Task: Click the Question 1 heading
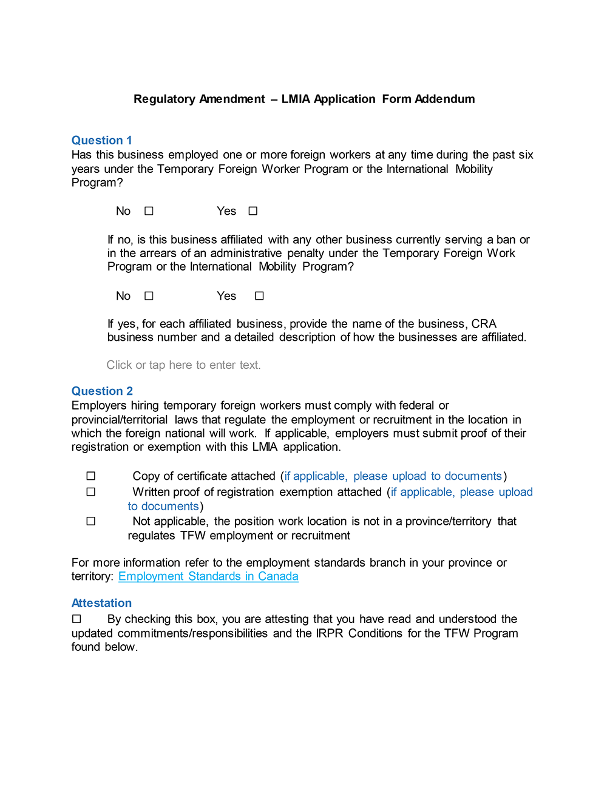pyautogui.click(x=101, y=140)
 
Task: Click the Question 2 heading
pyautogui.click(x=102, y=391)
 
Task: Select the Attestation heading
pyautogui.click(x=101, y=603)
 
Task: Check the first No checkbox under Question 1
pyautogui.click(x=149, y=211)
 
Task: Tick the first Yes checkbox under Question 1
pyautogui.click(x=253, y=211)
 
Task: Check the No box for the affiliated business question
pyautogui.click(x=149, y=296)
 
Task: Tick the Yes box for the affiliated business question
pyautogui.click(x=259, y=296)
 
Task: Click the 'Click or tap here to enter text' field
pyautogui.click(x=183, y=365)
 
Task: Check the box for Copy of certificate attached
pyautogui.click(x=91, y=476)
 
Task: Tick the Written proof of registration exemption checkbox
pyautogui.click(x=91, y=492)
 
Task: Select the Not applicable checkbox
pyautogui.click(x=91, y=521)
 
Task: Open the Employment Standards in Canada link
pyautogui.click(x=208, y=576)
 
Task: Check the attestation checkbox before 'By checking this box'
pyautogui.click(x=76, y=619)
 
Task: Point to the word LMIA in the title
pyautogui.click(x=296, y=99)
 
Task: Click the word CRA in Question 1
pyautogui.click(x=484, y=324)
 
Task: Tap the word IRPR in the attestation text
pyautogui.click(x=330, y=633)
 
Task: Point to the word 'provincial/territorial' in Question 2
pyautogui.click(x=120, y=420)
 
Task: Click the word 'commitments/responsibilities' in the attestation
pyautogui.click(x=192, y=633)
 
